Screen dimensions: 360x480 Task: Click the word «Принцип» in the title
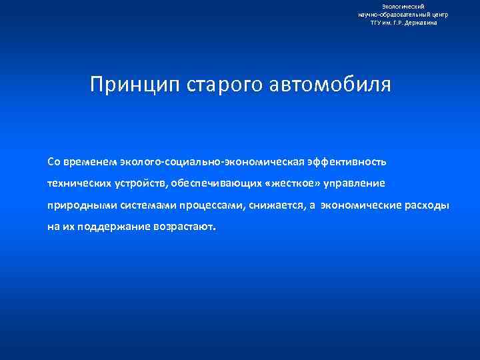pos(129,85)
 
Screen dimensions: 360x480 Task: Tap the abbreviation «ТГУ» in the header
pos(378,22)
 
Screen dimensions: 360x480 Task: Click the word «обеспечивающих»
pos(219,183)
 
